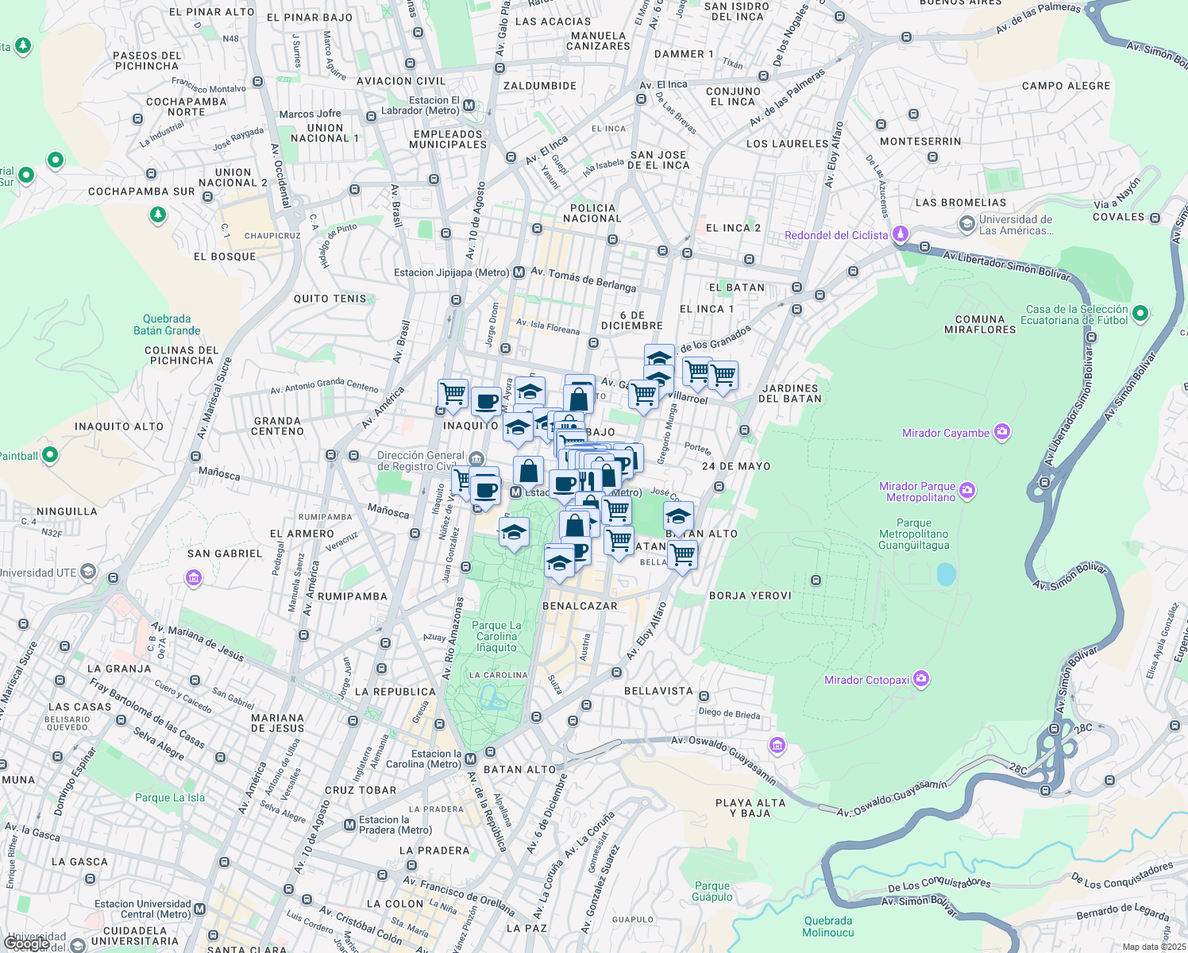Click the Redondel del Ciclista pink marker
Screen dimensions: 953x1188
(900, 234)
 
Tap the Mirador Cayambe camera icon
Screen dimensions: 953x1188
(1002, 432)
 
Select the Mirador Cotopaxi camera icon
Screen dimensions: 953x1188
(921, 679)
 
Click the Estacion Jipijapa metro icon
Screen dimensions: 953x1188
(519, 272)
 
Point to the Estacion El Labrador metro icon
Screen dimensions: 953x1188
(469, 106)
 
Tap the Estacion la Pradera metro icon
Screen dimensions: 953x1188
(349, 825)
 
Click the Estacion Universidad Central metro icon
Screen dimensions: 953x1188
(199, 909)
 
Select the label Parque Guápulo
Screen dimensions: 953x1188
(712, 891)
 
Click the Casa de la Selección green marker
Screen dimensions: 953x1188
(1140, 314)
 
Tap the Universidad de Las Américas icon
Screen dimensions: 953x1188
(966, 225)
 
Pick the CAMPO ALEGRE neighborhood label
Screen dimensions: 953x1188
(1066, 86)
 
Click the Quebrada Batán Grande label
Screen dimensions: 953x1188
(167, 325)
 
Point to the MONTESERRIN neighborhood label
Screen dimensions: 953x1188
(920, 141)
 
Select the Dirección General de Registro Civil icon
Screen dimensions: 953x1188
(476, 458)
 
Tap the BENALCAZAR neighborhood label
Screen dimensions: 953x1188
(580, 606)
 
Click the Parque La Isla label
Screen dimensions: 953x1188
(170, 797)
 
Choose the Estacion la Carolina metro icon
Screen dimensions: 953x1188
(470, 758)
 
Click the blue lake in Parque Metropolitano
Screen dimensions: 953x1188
(946, 574)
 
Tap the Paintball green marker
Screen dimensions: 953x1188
(50, 455)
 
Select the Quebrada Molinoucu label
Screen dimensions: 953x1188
(827, 927)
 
